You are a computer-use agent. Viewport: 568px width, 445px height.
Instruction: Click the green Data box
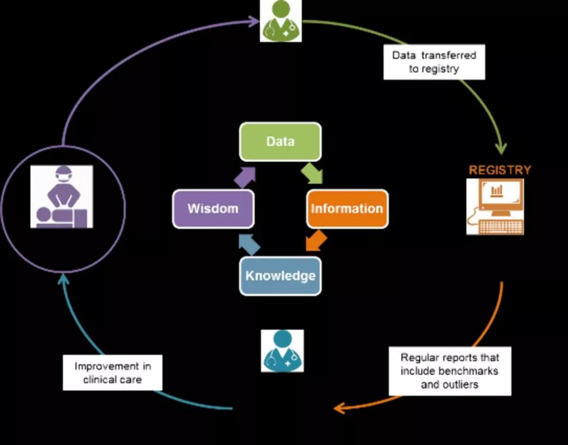point(280,142)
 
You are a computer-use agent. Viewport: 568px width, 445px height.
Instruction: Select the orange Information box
point(347,209)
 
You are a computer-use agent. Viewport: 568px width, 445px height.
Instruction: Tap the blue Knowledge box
point(280,275)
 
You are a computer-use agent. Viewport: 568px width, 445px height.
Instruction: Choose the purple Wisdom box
point(213,209)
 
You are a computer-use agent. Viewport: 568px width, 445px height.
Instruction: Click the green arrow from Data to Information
point(312,173)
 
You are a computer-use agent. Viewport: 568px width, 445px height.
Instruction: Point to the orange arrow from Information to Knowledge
point(316,241)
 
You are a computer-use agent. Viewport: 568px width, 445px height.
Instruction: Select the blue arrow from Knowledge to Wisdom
point(249,244)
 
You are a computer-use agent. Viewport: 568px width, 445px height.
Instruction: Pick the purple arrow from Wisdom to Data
point(245,177)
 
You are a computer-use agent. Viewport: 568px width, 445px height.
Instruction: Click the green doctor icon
point(281,21)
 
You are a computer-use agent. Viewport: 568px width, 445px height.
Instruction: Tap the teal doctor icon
point(282,351)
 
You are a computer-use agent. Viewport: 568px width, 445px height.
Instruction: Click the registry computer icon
point(495,206)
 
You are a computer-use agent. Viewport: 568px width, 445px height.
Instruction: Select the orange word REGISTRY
point(500,170)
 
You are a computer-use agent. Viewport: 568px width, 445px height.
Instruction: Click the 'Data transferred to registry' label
point(434,62)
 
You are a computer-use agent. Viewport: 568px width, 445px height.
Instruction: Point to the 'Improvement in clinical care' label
point(112,373)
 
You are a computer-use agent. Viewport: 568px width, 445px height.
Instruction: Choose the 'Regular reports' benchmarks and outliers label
point(450,371)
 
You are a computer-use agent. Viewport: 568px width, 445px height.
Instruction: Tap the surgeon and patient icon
point(62,196)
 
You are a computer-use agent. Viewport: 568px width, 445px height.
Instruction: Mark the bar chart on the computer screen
point(495,190)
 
